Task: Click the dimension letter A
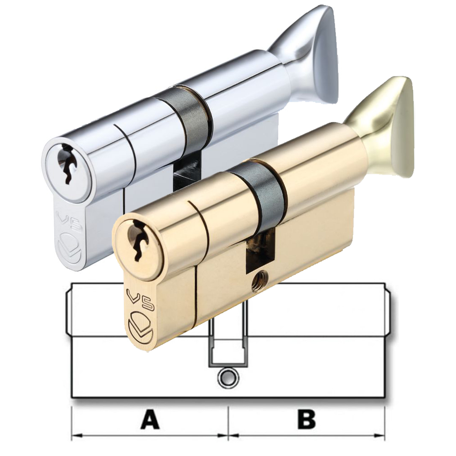[150, 420]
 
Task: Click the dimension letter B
[306, 420]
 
